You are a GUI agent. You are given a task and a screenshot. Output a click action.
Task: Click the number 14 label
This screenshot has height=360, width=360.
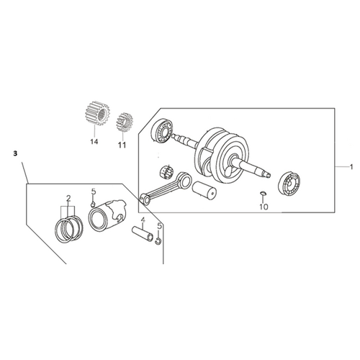[x=94, y=142]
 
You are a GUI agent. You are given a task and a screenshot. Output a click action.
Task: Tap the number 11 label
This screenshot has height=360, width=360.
[x=122, y=145]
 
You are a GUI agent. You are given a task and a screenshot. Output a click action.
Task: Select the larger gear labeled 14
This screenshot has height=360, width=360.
[x=98, y=113]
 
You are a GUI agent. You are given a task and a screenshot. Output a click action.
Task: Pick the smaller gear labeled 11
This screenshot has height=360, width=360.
[x=125, y=122]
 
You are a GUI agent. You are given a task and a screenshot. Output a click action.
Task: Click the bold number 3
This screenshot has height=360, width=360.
[x=15, y=153]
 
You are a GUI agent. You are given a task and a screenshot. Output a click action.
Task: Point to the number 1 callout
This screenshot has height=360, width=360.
[x=351, y=167]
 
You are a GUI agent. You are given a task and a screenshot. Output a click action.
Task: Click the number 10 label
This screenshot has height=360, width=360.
[x=264, y=207]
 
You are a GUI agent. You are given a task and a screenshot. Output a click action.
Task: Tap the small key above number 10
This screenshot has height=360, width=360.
[x=263, y=193]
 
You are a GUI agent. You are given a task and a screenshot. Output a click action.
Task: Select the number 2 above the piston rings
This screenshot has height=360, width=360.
[x=68, y=198]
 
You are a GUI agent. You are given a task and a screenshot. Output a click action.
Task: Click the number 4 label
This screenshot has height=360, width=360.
[x=143, y=220]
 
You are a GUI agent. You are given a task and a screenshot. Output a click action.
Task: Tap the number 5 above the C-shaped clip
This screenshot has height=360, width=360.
[x=159, y=226]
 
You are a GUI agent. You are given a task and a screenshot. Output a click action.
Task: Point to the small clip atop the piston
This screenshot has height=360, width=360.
[x=93, y=204]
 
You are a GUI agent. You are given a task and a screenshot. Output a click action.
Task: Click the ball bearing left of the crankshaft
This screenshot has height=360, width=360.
[x=162, y=131]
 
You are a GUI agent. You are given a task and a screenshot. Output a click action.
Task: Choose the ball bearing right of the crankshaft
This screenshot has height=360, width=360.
[x=289, y=183]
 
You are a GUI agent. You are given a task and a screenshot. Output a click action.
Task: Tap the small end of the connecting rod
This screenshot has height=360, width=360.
[x=145, y=199]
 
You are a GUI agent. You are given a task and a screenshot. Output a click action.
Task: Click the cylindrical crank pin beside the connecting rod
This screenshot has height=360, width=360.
[x=204, y=190]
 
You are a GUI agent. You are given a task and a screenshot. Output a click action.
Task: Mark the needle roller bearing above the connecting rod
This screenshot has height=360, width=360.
[x=166, y=172]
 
